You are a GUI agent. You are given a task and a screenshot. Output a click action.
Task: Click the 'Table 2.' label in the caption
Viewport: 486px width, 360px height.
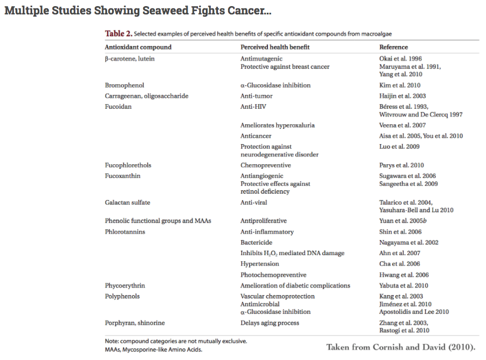point(119,34)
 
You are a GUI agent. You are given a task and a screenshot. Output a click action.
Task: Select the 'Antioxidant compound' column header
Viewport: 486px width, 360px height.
point(138,47)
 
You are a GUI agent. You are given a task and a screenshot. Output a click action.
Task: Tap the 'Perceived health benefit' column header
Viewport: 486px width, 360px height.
point(275,47)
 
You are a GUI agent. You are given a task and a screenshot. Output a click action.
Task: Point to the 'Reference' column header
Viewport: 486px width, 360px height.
point(393,47)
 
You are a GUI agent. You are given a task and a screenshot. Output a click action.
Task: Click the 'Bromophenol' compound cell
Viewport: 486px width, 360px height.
point(124,85)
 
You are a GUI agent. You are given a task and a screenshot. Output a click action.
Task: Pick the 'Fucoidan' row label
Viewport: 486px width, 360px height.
point(118,107)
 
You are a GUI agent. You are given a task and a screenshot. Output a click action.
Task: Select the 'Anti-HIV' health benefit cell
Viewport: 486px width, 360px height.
point(253,107)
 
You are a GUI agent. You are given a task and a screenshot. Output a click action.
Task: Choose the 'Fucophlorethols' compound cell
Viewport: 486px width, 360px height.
point(128,165)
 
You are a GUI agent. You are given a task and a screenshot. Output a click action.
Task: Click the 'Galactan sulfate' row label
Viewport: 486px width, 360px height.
point(128,202)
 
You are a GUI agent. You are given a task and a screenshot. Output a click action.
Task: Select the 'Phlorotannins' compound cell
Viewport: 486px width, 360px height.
point(125,232)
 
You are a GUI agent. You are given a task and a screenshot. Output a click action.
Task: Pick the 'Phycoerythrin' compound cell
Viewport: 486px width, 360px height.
point(125,286)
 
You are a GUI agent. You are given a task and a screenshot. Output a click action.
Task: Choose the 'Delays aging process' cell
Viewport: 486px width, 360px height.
point(270,323)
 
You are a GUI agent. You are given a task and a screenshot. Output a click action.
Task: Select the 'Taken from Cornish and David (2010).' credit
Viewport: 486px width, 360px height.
point(401,347)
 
